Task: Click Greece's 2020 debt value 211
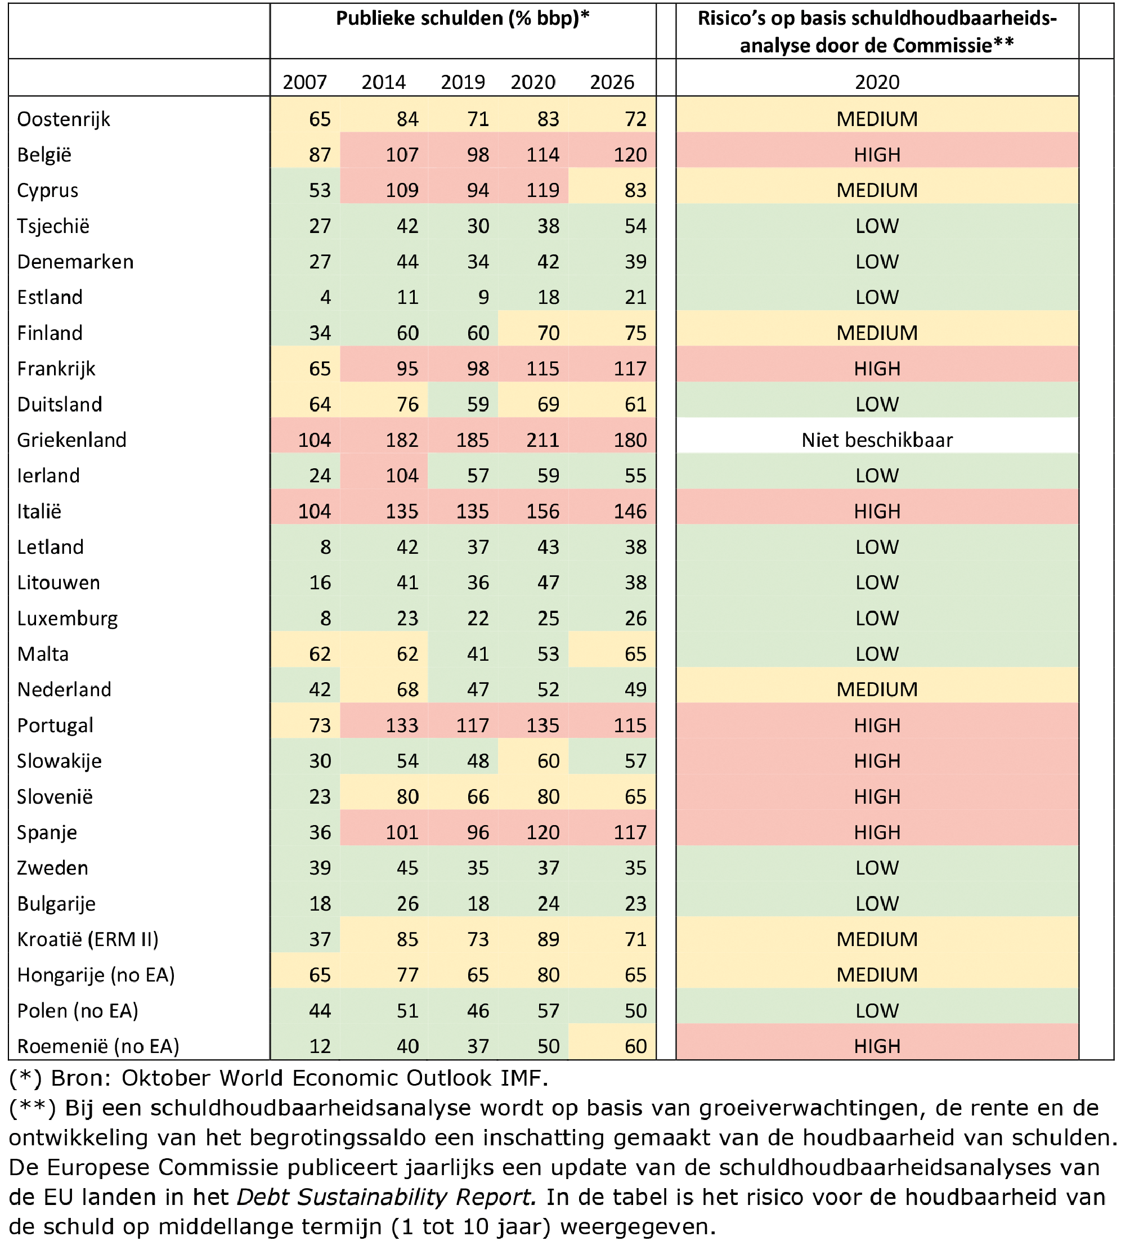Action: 542,440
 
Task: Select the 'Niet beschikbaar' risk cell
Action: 876,440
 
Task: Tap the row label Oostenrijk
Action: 64,119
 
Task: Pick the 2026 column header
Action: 611,82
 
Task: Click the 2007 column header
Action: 304,82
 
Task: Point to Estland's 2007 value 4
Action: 325,297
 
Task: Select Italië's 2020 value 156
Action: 542,511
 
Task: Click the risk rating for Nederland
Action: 876,689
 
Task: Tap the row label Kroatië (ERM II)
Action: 87,939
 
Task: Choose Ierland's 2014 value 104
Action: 402,475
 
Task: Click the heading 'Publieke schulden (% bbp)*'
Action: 462,19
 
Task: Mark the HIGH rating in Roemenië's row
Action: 876,1046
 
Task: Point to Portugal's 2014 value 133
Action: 402,725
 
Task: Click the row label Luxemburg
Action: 67,618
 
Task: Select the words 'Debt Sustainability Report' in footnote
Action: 386,1197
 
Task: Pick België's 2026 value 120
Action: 630,155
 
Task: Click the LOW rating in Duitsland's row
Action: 876,405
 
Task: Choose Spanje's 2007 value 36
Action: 320,832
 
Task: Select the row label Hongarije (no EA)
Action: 96,975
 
